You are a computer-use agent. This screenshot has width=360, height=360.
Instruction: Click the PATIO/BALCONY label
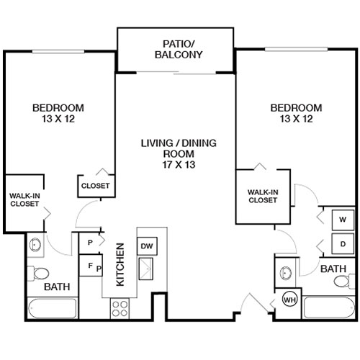(x=177, y=49)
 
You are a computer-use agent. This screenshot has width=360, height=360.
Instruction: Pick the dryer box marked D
(x=342, y=243)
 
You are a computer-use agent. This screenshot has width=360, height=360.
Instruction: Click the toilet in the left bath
(x=40, y=274)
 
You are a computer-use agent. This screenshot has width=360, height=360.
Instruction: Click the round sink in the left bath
(x=36, y=246)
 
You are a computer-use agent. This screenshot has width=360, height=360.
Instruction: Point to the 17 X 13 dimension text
(x=179, y=164)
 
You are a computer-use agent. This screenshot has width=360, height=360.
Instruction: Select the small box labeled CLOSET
(x=95, y=186)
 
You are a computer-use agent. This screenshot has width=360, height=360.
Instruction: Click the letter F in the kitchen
(x=90, y=265)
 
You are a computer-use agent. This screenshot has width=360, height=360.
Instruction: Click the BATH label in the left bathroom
(x=56, y=287)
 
